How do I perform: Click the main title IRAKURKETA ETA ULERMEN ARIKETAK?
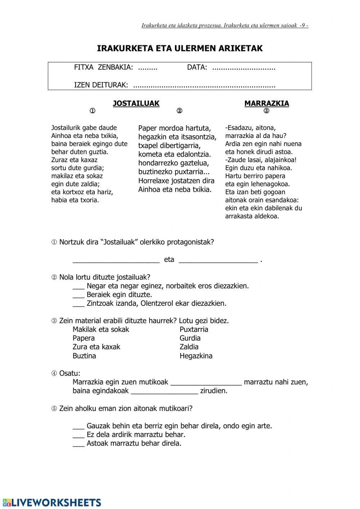coord(180,48)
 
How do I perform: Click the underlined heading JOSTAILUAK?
coord(136,103)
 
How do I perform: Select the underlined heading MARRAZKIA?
coord(266,103)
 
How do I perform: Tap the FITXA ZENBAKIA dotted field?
coord(148,67)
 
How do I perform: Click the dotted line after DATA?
coord(244,67)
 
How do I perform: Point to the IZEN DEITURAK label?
coord(101,85)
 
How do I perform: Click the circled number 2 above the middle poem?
coord(179,111)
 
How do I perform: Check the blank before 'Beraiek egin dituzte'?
coord(78,295)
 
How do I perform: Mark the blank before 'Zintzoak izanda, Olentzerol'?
coord(78,304)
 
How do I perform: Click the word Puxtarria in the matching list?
coord(194,329)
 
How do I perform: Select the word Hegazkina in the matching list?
coord(196,356)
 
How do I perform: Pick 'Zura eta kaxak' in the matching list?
coord(96,347)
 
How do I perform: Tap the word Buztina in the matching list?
coord(84,356)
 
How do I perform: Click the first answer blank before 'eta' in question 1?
coord(116,260)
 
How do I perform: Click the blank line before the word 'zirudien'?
coord(164,391)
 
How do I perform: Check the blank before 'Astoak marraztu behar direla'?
coord(78,444)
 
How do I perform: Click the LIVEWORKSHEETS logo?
coord(52,503)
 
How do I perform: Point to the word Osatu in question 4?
coord(69,373)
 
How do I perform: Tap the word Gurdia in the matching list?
coord(190,338)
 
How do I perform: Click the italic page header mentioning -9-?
coord(225,25)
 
